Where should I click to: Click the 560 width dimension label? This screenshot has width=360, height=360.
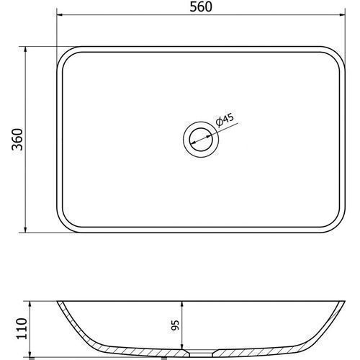click(x=201, y=6)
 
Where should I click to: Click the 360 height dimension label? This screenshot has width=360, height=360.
click(x=17, y=140)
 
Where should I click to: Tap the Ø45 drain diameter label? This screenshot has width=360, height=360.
click(x=225, y=120)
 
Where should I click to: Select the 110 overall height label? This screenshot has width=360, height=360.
click(x=22, y=328)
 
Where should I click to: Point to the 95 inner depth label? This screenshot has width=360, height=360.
click(x=176, y=325)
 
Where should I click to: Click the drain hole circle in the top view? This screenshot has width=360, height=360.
click(x=201, y=140)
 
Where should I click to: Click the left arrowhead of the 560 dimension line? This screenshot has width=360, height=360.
click(x=60, y=15)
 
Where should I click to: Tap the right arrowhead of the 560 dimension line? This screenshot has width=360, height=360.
click(x=342, y=15)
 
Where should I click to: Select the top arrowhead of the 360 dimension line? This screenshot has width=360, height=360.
click(x=26, y=50)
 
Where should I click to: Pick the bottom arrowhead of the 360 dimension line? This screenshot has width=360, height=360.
click(x=26, y=230)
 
